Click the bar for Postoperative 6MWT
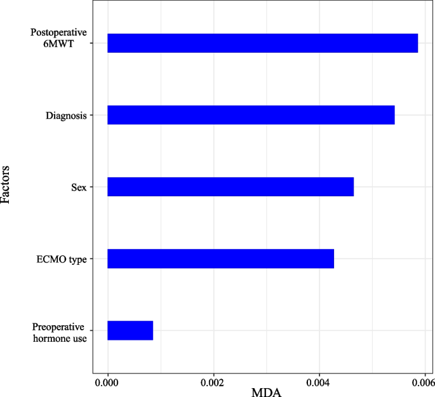click(262, 43)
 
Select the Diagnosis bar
click(251, 115)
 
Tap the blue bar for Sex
click(230, 187)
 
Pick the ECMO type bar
click(220, 259)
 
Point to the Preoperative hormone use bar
click(130, 330)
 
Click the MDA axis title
click(266, 392)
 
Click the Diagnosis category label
click(66, 116)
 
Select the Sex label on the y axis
click(79, 187)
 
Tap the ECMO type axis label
click(62, 259)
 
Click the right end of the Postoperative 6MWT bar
click(417, 43)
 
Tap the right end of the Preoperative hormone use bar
click(152, 330)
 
